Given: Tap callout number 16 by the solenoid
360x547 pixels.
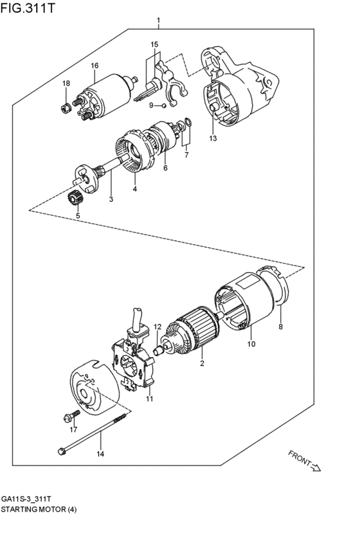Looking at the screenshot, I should tap(94, 66).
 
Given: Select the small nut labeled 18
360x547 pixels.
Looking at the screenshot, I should tap(66, 107).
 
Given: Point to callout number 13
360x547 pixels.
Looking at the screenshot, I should tap(212, 138).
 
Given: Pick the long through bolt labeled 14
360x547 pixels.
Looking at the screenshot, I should tap(90, 434).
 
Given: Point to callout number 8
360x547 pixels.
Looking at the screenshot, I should tap(280, 327).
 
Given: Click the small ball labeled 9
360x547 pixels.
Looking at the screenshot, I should tap(165, 105).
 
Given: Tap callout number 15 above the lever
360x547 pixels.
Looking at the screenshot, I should tap(154, 44).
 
